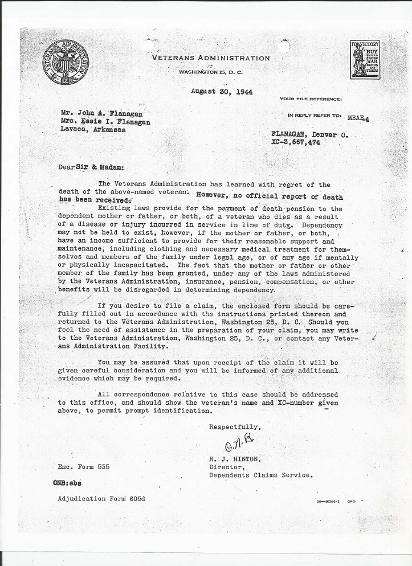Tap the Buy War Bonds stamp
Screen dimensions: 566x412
pyautogui.click(x=365, y=60)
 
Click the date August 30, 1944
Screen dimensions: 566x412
pyautogui.click(x=222, y=92)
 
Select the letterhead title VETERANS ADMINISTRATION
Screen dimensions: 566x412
pyautogui.click(x=211, y=58)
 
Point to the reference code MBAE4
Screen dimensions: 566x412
pyautogui.click(x=358, y=118)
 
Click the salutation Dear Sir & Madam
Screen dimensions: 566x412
pyautogui.click(x=91, y=167)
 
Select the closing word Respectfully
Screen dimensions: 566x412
pyautogui.click(x=235, y=426)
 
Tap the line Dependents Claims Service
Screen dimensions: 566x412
pyautogui.click(x=261, y=475)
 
